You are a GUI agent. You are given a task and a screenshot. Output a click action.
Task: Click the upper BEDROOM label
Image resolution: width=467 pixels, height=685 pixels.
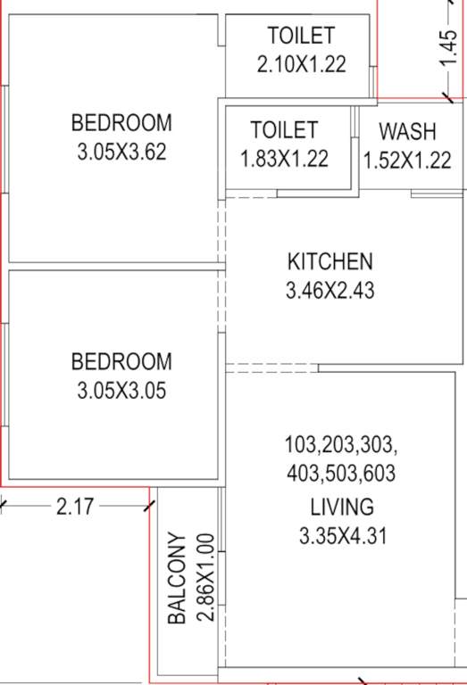(121, 122)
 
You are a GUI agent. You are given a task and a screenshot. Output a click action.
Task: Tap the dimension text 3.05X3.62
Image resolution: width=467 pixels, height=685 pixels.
(121, 151)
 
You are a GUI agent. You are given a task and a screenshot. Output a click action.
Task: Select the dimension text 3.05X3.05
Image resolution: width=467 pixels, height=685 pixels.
(121, 390)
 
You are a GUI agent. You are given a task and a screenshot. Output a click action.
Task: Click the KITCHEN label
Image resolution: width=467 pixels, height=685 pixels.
(329, 262)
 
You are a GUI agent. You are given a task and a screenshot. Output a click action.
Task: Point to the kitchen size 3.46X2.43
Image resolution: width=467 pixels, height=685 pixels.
(329, 291)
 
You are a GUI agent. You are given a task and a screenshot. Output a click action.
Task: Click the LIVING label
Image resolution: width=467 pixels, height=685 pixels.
(341, 508)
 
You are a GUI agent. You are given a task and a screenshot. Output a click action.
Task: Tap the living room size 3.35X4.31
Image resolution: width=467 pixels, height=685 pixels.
(341, 536)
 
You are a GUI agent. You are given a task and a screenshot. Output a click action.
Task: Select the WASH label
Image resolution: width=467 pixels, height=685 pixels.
(408, 132)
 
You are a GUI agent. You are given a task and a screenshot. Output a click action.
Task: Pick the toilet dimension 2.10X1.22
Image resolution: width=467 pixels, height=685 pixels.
(301, 64)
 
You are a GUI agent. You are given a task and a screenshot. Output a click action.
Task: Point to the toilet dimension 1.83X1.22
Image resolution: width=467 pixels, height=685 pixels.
(284, 159)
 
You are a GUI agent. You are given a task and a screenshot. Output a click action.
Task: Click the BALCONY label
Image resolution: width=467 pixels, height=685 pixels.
(177, 578)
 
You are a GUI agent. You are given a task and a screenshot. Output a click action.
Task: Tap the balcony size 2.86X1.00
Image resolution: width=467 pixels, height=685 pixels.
(204, 577)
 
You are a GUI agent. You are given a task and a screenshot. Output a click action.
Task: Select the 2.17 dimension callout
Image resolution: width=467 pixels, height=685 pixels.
(74, 507)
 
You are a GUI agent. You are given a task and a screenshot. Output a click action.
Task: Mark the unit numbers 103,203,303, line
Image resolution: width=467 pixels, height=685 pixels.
(341, 444)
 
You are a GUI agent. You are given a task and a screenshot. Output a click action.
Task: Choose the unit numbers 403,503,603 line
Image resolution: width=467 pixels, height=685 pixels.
(341, 473)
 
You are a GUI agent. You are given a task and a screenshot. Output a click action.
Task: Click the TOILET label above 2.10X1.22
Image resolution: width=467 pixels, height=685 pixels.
(301, 36)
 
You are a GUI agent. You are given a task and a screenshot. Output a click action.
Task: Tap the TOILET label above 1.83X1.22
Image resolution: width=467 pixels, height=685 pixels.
(284, 130)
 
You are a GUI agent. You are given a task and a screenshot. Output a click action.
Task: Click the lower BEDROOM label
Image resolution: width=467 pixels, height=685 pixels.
(121, 361)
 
